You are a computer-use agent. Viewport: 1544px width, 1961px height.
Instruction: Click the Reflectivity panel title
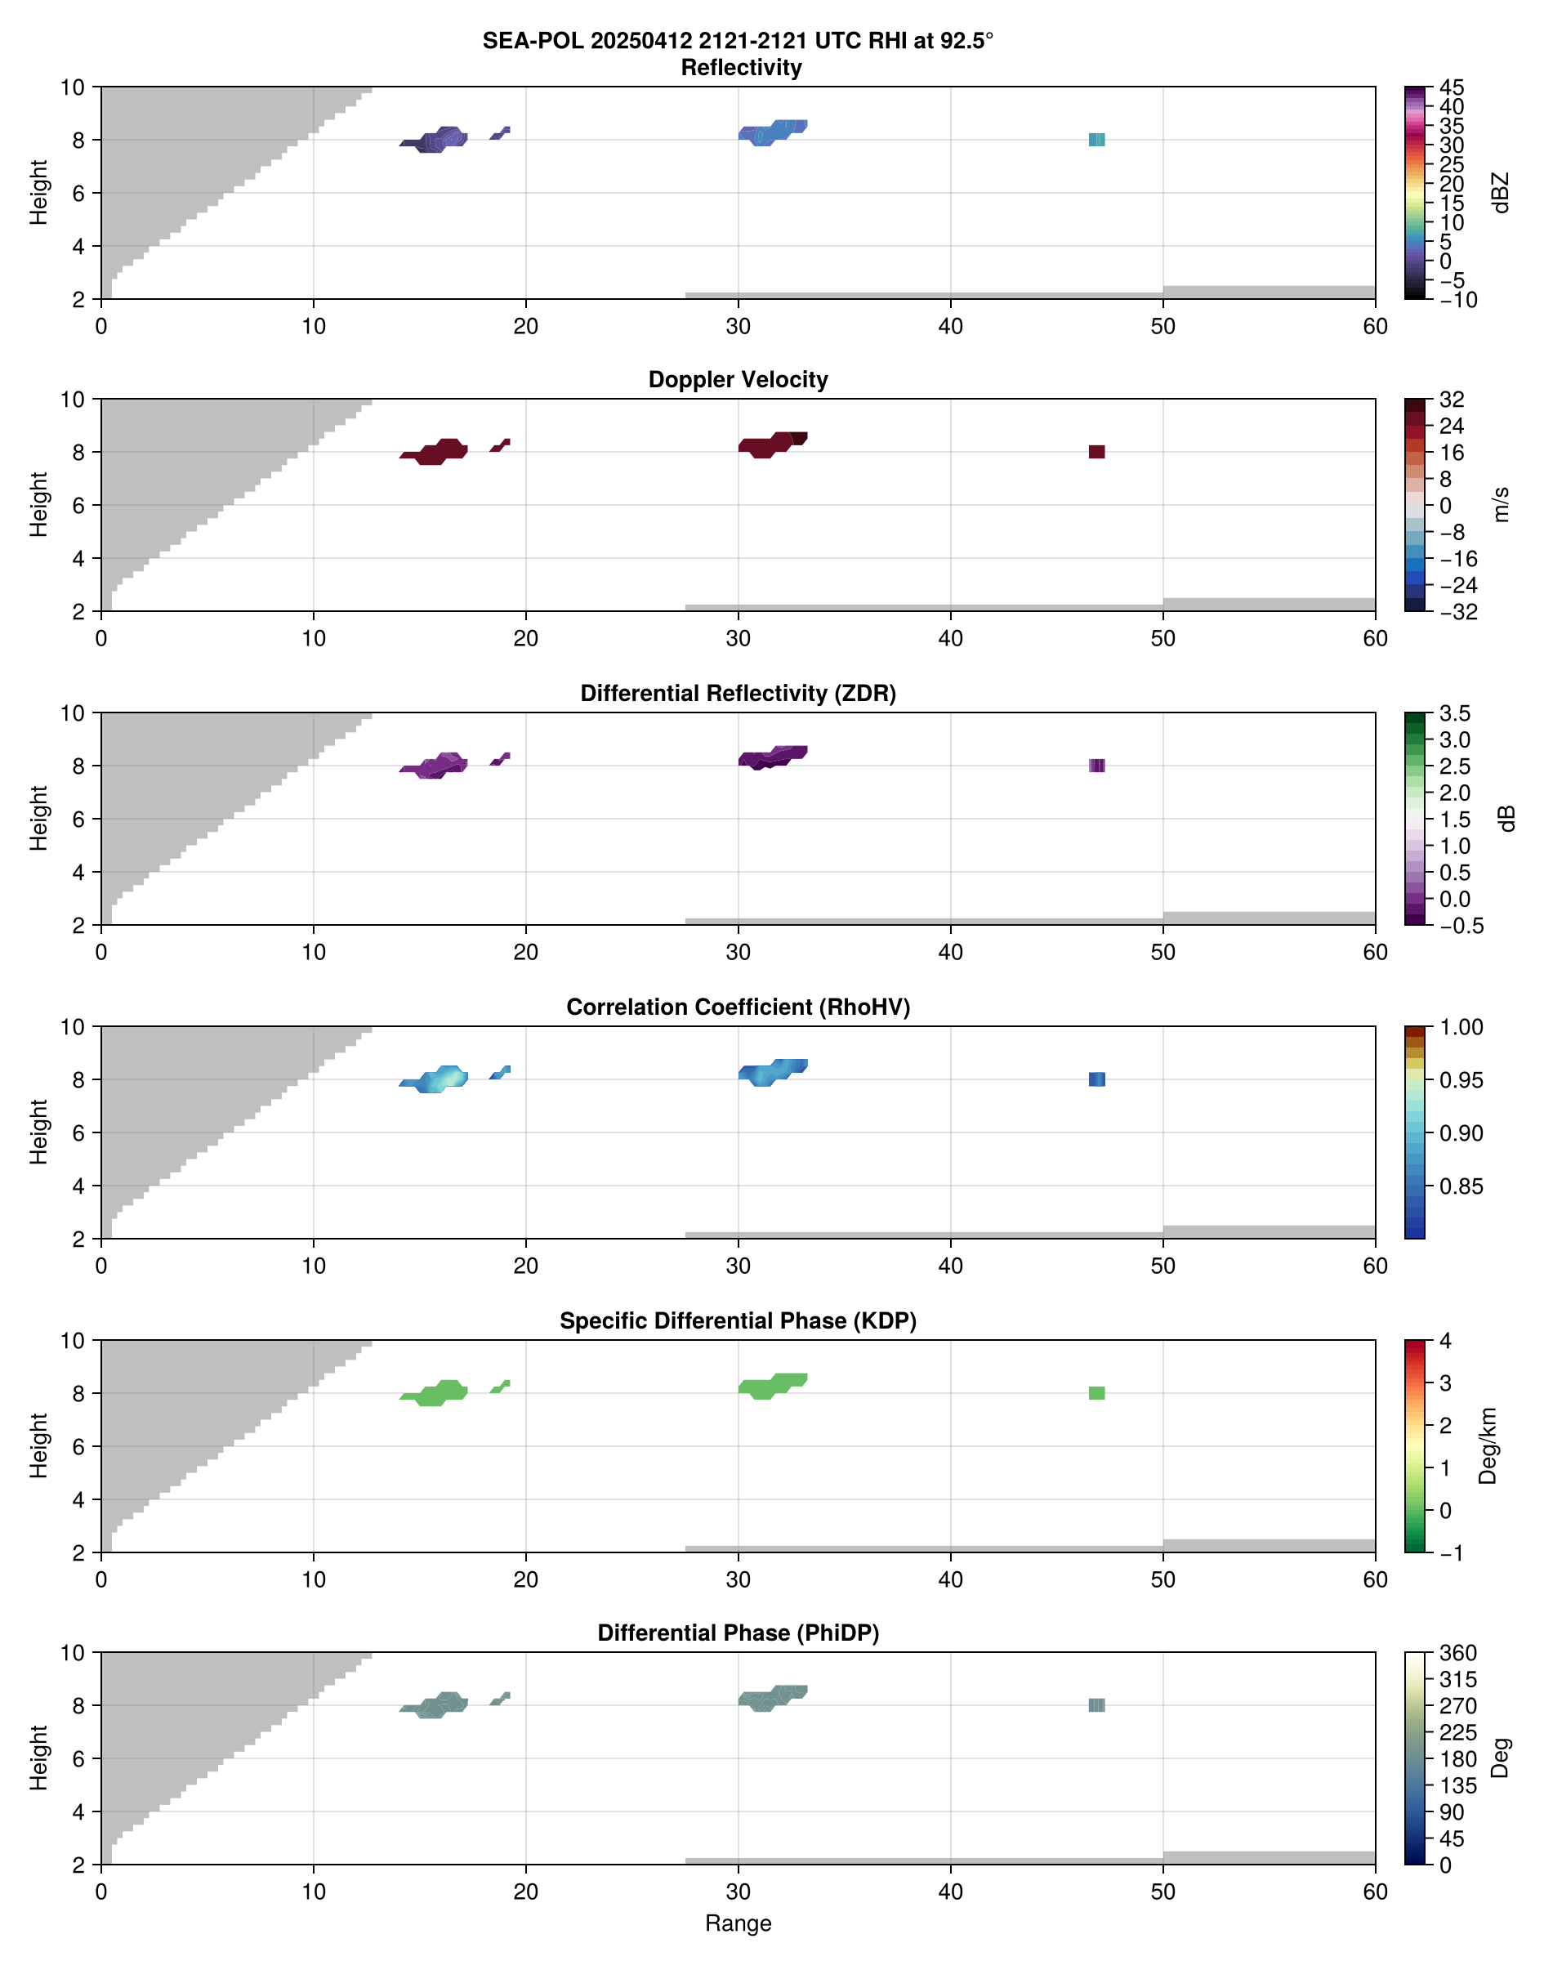tap(740, 68)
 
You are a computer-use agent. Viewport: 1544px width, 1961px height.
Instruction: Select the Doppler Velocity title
tap(738, 380)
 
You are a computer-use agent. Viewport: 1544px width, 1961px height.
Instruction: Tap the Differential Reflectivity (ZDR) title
tap(738, 694)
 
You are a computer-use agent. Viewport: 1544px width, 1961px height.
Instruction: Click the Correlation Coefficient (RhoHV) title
tap(738, 1007)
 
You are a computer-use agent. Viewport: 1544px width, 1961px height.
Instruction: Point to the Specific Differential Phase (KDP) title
tap(738, 1321)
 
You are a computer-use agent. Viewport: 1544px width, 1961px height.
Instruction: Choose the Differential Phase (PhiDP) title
tap(738, 1633)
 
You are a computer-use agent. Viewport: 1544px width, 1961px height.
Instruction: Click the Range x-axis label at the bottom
tap(738, 1923)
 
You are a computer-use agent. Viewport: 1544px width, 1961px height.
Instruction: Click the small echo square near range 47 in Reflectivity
tap(1096, 139)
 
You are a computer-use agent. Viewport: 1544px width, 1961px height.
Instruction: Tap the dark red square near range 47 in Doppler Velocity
tap(1096, 452)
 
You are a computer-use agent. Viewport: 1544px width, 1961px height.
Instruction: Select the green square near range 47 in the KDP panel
tap(1096, 1393)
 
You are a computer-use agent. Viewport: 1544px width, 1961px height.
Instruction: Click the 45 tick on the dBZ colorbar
tap(1451, 87)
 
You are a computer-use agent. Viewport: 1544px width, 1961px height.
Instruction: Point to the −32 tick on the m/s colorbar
tap(1457, 612)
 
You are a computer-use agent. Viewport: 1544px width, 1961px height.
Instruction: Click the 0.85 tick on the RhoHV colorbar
tap(1459, 1186)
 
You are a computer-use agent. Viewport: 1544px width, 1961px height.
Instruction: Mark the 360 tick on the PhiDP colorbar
tap(1457, 1654)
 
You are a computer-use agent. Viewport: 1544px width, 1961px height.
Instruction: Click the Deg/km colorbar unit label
tap(1487, 1445)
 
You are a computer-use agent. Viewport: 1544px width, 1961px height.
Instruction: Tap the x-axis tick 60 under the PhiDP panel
tap(1375, 1892)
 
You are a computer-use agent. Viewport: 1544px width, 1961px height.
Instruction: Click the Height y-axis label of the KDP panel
tap(38, 1445)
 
